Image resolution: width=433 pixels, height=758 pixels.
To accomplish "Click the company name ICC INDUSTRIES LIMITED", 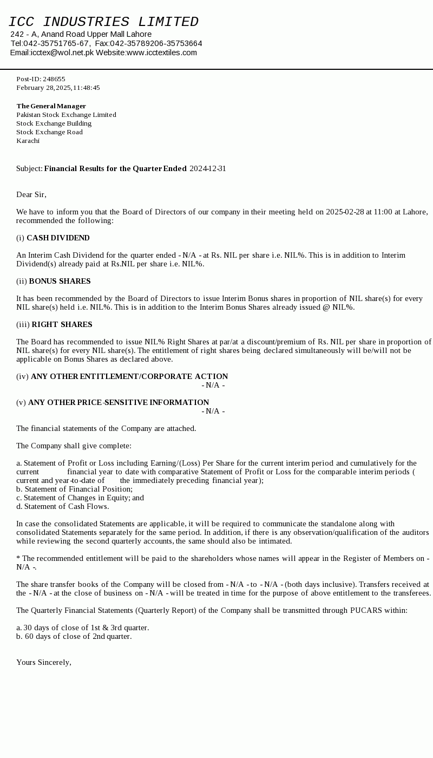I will click(x=103, y=22).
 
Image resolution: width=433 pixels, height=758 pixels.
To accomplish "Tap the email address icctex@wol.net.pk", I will click(x=62, y=53).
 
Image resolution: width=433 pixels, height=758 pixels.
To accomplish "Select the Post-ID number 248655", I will click(x=54, y=79).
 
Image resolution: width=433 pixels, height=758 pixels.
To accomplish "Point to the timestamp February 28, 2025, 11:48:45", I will click(x=58, y=88).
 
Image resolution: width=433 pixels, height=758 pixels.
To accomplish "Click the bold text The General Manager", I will click(x=51, y=106).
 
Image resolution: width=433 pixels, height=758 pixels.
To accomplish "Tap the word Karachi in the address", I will click(x=28, y=141).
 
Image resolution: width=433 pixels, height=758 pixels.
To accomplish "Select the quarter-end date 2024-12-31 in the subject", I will click(x=208, y=168).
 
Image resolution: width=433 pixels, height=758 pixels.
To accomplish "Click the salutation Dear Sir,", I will click(x=31, y=194).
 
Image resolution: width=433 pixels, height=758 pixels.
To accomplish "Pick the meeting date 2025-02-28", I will click(x=345, y=212).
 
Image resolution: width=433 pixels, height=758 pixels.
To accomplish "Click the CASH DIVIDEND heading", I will click(x=58, y=238).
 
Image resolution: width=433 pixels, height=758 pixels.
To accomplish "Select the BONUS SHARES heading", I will click(x=60, y=281).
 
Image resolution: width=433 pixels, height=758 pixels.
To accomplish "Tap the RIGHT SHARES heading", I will click(x=62, y=324).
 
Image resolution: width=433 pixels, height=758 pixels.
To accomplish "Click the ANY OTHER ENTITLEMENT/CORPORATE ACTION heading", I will click(x=129, y=376).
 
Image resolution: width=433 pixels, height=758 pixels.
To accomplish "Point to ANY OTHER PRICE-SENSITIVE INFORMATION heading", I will click(x=119, y=402).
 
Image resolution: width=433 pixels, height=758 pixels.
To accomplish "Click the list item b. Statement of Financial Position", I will click(x=74, y=489).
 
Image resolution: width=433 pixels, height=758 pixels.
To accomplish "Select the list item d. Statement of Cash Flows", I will click(x=62, y=506).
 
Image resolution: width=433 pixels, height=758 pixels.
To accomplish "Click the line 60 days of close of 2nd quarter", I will click(x=74, y=636).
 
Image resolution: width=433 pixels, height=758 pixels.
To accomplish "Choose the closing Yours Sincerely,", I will click(x=44, y=662).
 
